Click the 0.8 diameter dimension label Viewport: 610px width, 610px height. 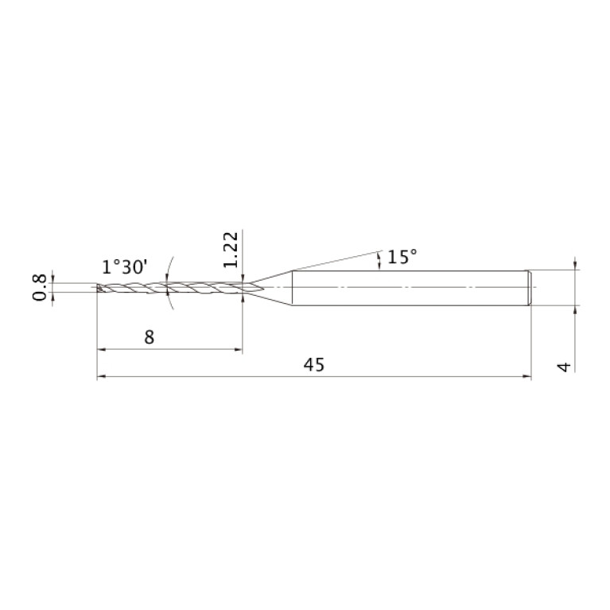click(39, 287)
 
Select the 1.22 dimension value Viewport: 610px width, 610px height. click(231, 250)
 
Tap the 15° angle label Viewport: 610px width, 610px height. click(402, 257)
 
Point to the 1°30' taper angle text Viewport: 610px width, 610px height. click(125, 267)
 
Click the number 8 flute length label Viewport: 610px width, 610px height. click(150, 337)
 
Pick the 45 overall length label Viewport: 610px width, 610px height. click(314, 365)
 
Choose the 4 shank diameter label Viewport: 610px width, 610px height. click(564, 367)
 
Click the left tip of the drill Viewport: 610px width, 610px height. click(97, 287)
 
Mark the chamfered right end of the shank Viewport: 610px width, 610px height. click(529, 288)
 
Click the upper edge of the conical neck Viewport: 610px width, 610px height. click(270, 277)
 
